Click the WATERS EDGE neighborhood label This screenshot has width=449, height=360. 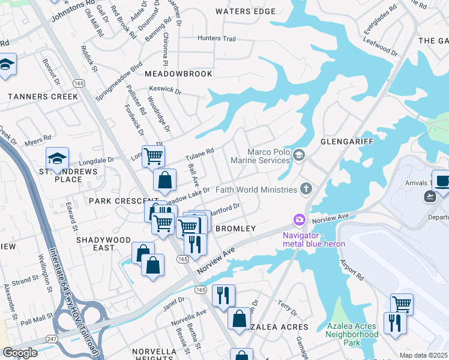(x=246, y=11)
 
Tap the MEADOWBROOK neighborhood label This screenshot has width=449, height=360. (x=178, y=74)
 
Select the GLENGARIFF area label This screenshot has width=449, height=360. (x=347, y=141)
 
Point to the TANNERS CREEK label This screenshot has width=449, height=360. (x=43, y=97)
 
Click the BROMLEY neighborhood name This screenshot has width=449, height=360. (x=235, y=229)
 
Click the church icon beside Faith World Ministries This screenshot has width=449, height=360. (x=306, y=190)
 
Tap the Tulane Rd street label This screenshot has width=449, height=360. (x=202, y=153)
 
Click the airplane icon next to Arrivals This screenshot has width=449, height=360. (x=430, y=196)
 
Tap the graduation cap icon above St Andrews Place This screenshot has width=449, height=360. (x=57, y=158)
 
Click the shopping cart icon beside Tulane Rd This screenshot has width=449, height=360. (x=153, y=156)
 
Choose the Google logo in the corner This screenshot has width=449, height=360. (x=20, y=352)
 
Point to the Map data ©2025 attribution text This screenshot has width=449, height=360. (x=423, y=355)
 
